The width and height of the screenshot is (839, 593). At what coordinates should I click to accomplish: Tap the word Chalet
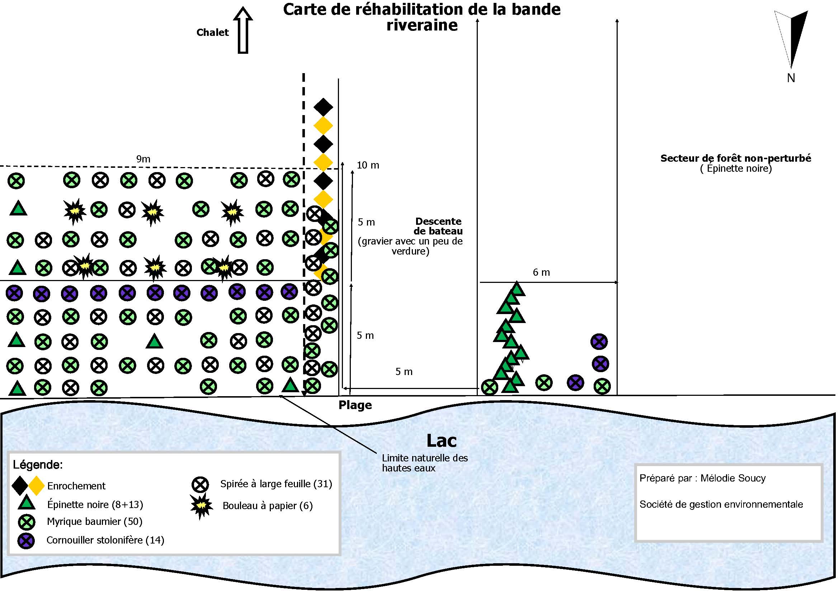(x=212, y=33)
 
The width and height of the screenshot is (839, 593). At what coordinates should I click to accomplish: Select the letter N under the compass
(x=791, y=78)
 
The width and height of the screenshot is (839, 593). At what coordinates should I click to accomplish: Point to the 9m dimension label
(x=143, y=159)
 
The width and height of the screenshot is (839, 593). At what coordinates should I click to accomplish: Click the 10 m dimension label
(x=368, y=165)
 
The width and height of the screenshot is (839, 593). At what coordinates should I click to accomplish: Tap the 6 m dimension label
(x=541, y=272)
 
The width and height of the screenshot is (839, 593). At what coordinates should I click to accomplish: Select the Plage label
(x=355, y=405)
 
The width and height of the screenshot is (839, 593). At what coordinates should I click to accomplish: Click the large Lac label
(x=442, y=441)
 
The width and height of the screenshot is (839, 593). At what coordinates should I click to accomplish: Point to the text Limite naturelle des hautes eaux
(x=425, y=463)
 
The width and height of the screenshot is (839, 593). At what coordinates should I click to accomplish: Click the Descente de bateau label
(x=438, y=226)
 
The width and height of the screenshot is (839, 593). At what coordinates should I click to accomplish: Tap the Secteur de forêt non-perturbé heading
(x=736, y=158)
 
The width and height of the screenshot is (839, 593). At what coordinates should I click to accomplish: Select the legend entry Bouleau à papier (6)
(x=268, y=506)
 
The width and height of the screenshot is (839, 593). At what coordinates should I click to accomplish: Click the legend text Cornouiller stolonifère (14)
(x=105, y=540)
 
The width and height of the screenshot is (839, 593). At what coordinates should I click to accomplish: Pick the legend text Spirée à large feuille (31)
(x=276, y=484)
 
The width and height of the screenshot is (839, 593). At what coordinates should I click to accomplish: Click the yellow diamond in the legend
(x=36, y=485)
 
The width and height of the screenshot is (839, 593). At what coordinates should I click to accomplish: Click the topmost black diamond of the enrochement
(x=323, y=107)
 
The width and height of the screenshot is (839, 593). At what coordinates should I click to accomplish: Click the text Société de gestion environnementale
(x=721, y=504)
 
